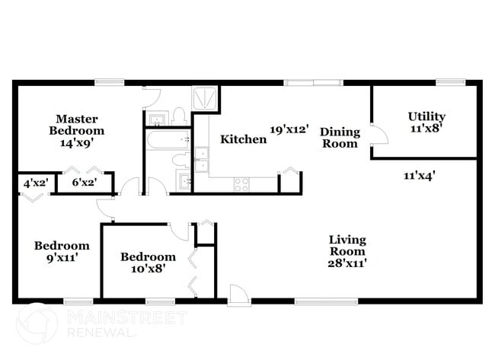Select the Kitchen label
(x=243, y=139)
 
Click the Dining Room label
(x=339, y=137)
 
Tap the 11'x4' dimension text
(x=420, y=174)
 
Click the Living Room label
(x=346, y=244)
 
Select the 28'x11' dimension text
(x=346, y=263)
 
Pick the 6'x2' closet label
(x=83, y=183)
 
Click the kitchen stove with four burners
(x=241, y=183)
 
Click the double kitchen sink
(x=200, y=160)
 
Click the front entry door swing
(x=238, y=295)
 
